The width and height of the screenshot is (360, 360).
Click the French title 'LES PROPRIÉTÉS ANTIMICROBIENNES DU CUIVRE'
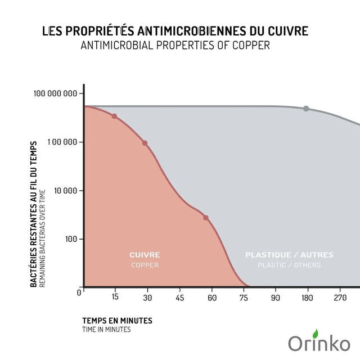[175, 31]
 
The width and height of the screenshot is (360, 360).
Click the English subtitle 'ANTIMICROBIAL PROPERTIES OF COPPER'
[175, 46]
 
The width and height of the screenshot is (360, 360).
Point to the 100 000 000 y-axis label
[55, 93]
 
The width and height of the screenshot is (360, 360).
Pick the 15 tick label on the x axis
[115, 297]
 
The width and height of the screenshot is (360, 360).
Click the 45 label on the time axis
[181, 297]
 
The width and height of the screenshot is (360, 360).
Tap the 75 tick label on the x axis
[245, 297]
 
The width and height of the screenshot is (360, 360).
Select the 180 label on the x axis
[307, 297]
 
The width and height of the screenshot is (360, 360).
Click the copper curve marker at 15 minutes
[115, 116]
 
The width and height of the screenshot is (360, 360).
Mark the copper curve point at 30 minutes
[145, 143]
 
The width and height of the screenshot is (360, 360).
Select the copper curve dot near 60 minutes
[206, 218]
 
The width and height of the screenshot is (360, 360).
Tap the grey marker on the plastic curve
[306, 109]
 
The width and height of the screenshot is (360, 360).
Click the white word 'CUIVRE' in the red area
[145, 255]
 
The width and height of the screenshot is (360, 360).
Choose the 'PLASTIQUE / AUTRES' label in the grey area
[289, 255]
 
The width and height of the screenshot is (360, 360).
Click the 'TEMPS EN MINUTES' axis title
[117, 321]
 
